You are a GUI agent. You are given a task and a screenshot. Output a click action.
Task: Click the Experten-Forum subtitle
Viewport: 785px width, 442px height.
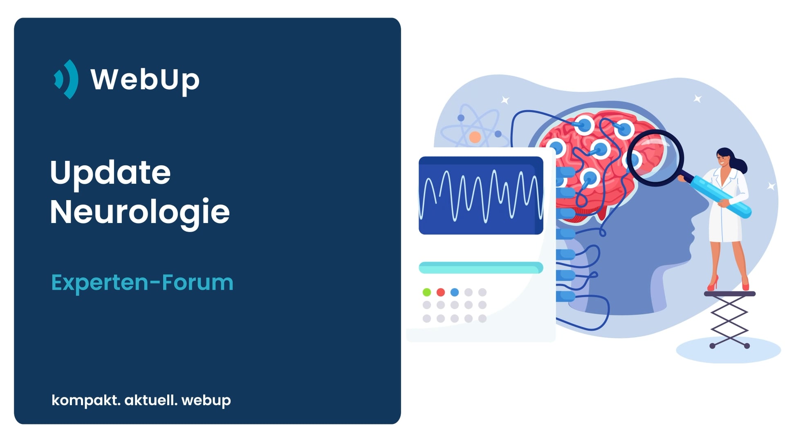pos(142,282)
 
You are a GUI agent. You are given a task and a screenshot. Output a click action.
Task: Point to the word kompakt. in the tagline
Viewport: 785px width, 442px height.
pos(86,400)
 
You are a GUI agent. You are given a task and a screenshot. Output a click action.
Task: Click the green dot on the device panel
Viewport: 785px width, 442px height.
pos(427,292)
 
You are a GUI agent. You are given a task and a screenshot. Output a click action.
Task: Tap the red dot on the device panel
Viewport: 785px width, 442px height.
pos(441,292)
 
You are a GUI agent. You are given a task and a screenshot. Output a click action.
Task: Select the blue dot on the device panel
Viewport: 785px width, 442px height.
pos(455,292)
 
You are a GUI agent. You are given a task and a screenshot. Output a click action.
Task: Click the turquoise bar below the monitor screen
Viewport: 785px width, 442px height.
pos(481,268)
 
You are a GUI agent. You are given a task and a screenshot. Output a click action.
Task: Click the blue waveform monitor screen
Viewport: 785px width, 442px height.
pos(481,195)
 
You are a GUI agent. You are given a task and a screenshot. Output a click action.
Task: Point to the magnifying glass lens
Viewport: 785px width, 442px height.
pos(655,158)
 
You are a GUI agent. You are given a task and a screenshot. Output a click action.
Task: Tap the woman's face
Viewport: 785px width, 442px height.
pos(723,158)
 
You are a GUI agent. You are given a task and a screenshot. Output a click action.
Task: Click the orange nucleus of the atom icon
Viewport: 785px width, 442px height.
pos(475,137)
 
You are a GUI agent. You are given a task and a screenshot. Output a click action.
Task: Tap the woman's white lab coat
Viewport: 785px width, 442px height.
pos(728,205)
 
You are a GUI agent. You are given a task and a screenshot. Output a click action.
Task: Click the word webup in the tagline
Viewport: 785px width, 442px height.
pos(206,400)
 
